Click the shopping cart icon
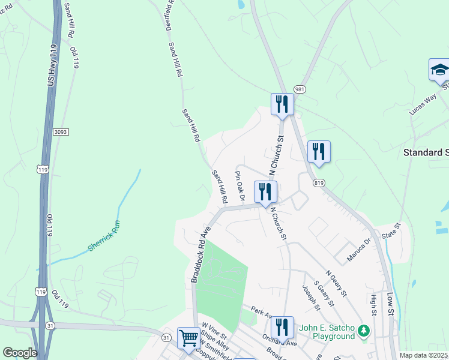point(189,338)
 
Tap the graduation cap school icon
point(439,70)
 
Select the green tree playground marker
point(363,331)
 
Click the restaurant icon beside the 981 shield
point(281,104)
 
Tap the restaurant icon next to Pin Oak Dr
point(264,192)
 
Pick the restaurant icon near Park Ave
point(282,328)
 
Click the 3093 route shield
point(58,132)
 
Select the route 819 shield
point(318,182)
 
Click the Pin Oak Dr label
point(240,186)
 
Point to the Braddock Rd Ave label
point(201,255)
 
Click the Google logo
point(20,353)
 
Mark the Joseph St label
point(312,298)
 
